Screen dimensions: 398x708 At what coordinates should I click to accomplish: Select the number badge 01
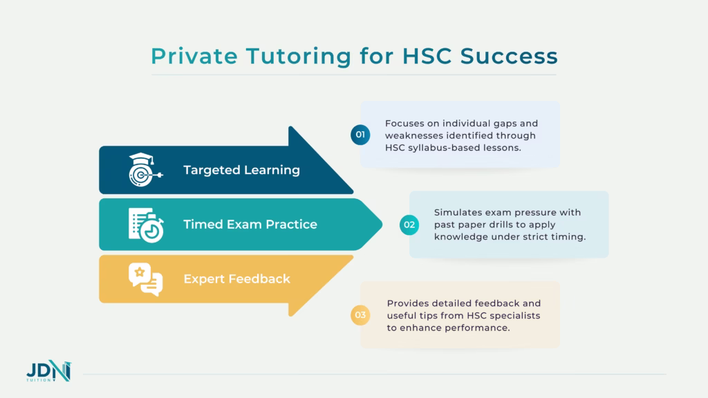tap(360, 135)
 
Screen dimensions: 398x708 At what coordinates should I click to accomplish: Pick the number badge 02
tap(409, 224)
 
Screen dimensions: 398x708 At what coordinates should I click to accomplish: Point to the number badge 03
tap(360, 316)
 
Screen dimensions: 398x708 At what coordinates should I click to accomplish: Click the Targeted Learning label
tap(241, 170)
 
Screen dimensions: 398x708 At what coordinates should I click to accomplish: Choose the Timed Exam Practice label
tap(250, 224)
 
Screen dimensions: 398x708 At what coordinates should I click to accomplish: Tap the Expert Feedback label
tap(236, 279)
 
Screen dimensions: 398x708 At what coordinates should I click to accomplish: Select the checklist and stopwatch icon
tap(145, 225)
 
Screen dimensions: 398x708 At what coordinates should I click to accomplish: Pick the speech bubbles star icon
tap(145, 279)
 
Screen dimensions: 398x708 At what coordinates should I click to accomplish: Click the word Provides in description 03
tap(409, 303)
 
